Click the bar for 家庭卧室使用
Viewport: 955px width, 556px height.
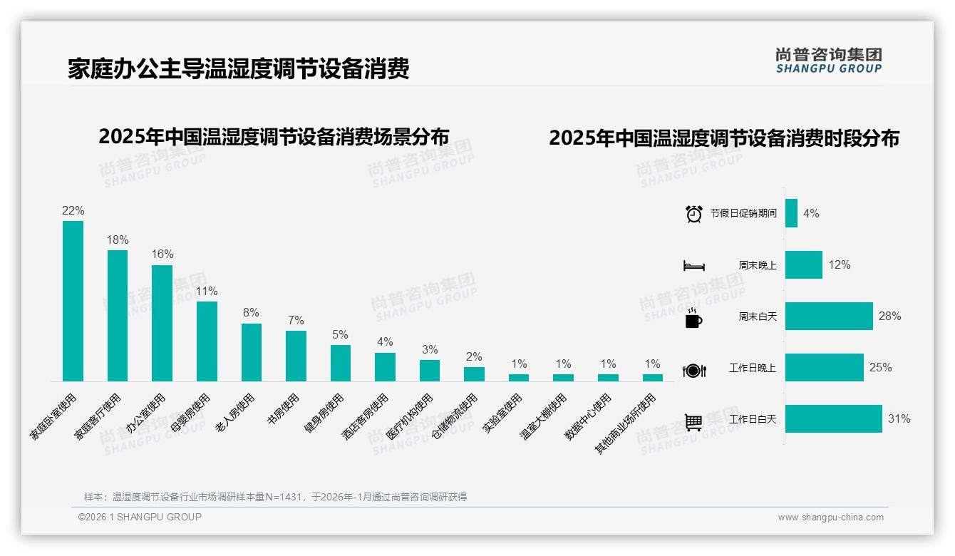pyautogui.click(x=73, y=301)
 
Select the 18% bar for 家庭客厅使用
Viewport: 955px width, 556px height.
pyautogui.click(x=118, y=315)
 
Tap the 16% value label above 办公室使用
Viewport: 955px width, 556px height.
pyautogui.click(x=162, y=254)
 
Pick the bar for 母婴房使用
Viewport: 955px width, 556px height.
pyautogui.click(x=207, y=341)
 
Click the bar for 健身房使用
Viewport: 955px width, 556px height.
pyautogui.click(x=341, y=363)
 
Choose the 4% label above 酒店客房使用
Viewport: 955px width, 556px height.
pyautogui.click(x=385, y=342)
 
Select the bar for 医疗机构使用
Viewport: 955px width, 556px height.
pyautogui.click(x=430, y=370)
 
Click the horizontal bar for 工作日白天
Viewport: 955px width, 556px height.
pyautogui.click(x=833, y=419)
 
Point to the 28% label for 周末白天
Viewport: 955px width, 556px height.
pyautogui.click(x=889, y=316)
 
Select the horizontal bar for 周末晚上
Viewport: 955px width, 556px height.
pyautogui.click(x=803, y=265)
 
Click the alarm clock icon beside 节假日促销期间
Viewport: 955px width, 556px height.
pyautogui.click(x=694, y=214)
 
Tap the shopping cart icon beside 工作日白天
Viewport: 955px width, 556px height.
pyautogui.click(x=693, y=422)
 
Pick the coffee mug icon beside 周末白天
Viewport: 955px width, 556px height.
pyautogui.click(x=693, y=319)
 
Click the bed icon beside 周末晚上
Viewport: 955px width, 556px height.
pyautogui.click(x=694, y=266)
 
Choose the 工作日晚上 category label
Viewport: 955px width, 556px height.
pyautogui.click(x=752, y=369)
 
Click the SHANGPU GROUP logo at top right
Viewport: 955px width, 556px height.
pyautogui.click(x=828, y=61)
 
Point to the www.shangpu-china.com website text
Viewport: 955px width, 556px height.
pyautogui.click(x=830, y=518)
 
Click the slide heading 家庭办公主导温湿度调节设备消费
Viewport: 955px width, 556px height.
pyautogui.click(x=238, y=69)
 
